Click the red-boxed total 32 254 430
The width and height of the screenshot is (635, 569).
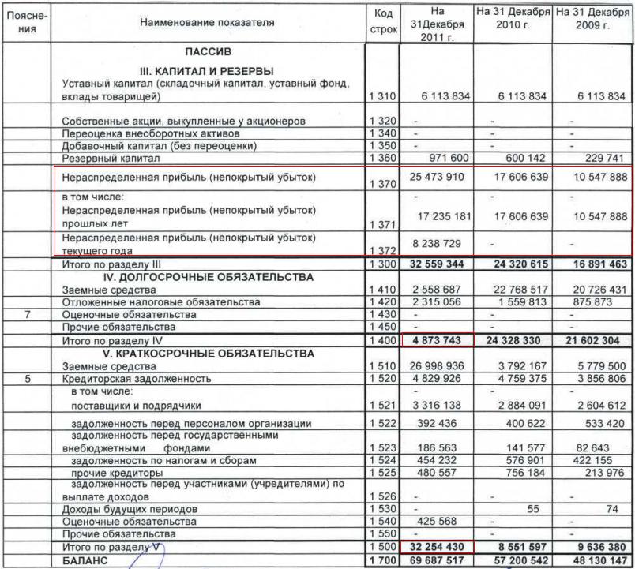436,545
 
